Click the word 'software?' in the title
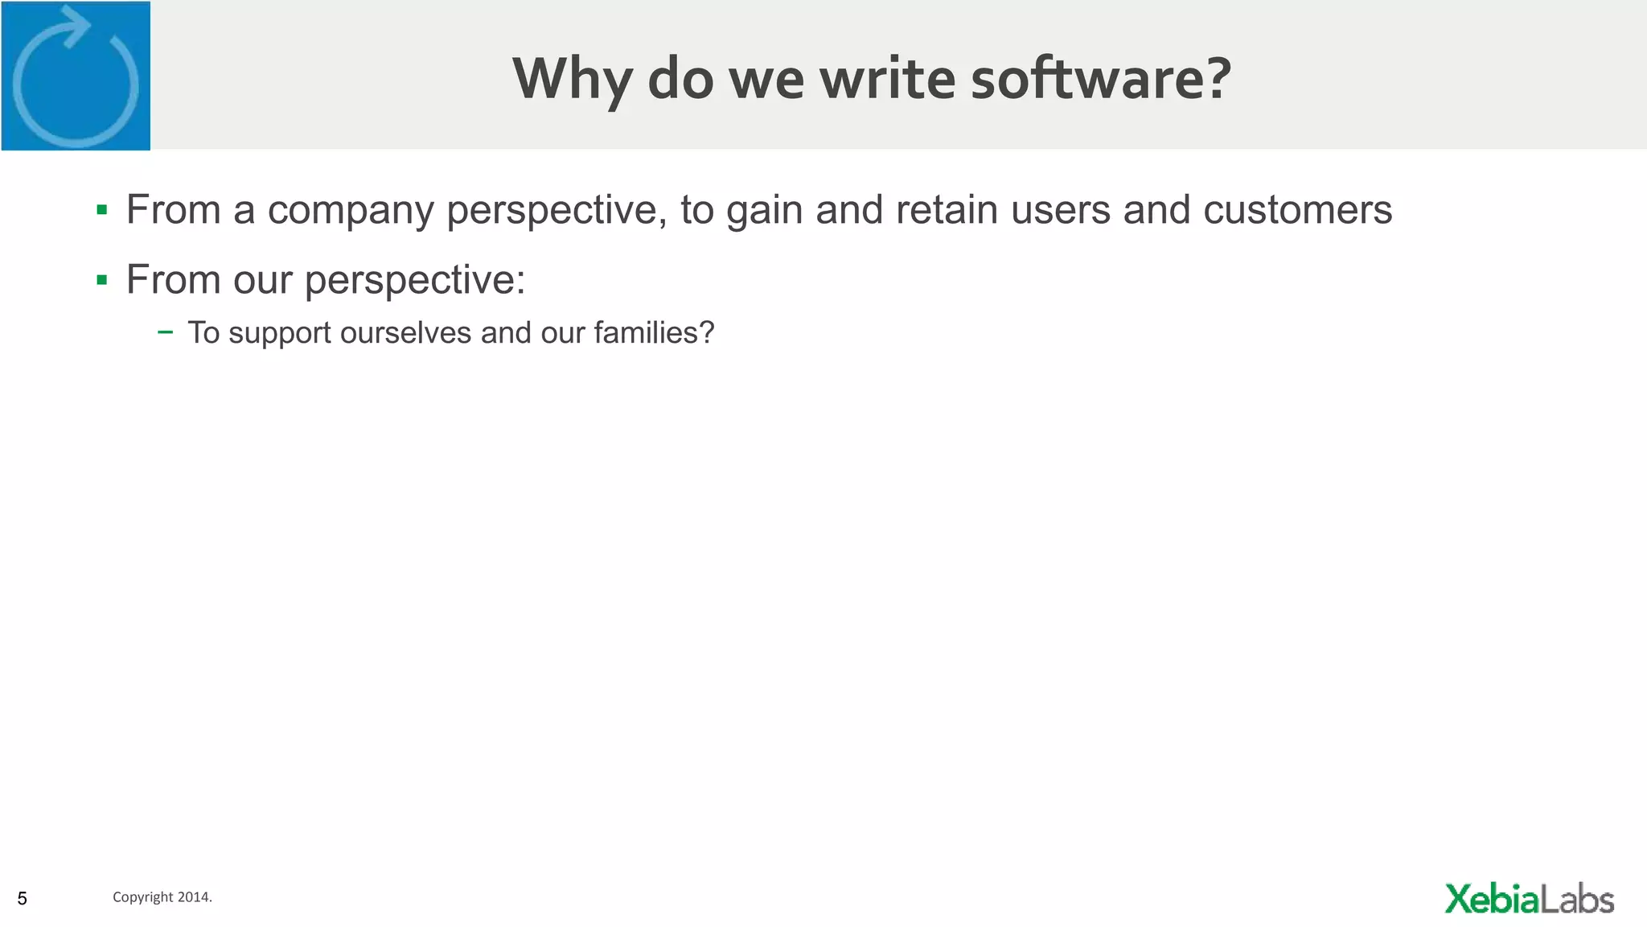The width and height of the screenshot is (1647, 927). point(1101,78)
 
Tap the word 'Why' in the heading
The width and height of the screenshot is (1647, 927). point(572,80)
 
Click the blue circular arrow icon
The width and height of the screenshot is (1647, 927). point(76,76)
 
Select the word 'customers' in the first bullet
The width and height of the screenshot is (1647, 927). point(1297,210)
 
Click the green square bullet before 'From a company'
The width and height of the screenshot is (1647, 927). point(101,211)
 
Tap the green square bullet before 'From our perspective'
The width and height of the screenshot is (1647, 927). point(101,280)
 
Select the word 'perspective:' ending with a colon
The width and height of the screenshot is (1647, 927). point(414,281)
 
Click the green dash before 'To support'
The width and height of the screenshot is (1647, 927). point(165,332)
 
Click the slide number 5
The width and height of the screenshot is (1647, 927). point(23,898)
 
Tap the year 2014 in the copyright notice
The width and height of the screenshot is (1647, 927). point(195,897)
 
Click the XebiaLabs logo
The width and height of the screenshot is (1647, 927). point(1529,899)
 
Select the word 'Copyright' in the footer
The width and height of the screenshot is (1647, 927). point(142,897)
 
